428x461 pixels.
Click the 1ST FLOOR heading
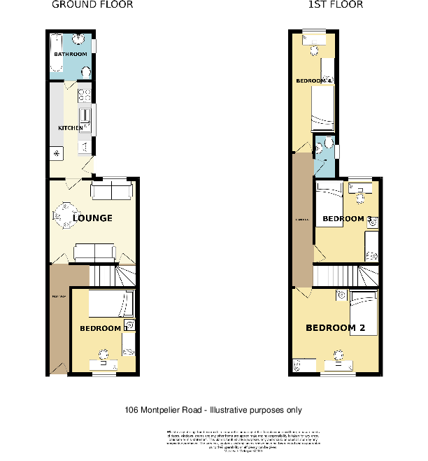coord(335,5)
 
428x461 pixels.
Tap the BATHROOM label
coord(71,55)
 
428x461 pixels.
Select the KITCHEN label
coord(71,128)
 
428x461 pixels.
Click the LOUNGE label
coord(92,218)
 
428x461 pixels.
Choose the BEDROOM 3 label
coord(346,219)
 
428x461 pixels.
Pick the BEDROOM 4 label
coord(313,81)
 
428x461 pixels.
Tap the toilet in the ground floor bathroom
coord(87,71)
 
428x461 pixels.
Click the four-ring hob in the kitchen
coord(85,94)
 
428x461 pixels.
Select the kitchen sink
coord(85,117)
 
